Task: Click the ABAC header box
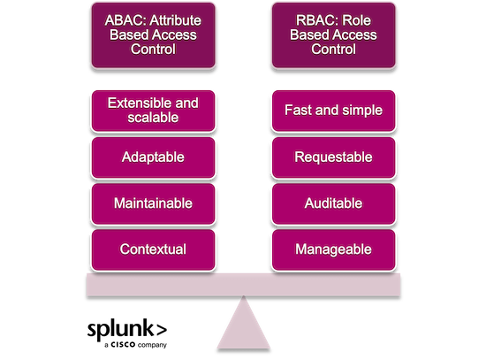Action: point(153,35)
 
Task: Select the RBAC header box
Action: point(333,35)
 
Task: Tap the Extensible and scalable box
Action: point(153,111)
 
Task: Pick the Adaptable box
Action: point(153,157)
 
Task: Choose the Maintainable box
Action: point(153,203)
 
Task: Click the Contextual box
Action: point(153,249)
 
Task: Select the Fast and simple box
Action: point(333,111)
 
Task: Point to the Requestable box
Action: point(333,157)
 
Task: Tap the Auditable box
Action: point(333,203)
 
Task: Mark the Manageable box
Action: point(333,249)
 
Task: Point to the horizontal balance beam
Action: point(243,285)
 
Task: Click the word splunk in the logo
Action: point(120,330)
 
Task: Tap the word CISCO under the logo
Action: point(123,344)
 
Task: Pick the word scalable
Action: point(153,118)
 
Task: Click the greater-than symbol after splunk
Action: point(162,331)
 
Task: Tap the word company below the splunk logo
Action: point(152,345)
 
